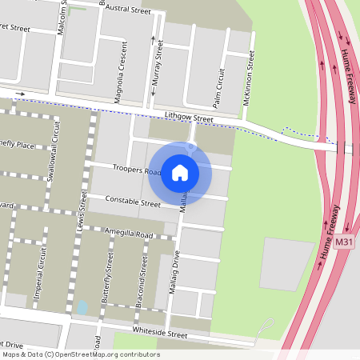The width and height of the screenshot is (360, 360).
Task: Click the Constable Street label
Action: click(134, 203)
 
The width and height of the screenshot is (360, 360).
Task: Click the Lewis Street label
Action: click(83, 205)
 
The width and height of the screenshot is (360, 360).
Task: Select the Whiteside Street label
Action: click(160, 334)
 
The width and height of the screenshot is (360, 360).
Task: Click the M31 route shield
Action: click(344, 241)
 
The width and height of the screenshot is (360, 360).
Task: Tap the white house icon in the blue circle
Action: click(180, 172)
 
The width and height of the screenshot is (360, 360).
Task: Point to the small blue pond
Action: click(82, 306)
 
